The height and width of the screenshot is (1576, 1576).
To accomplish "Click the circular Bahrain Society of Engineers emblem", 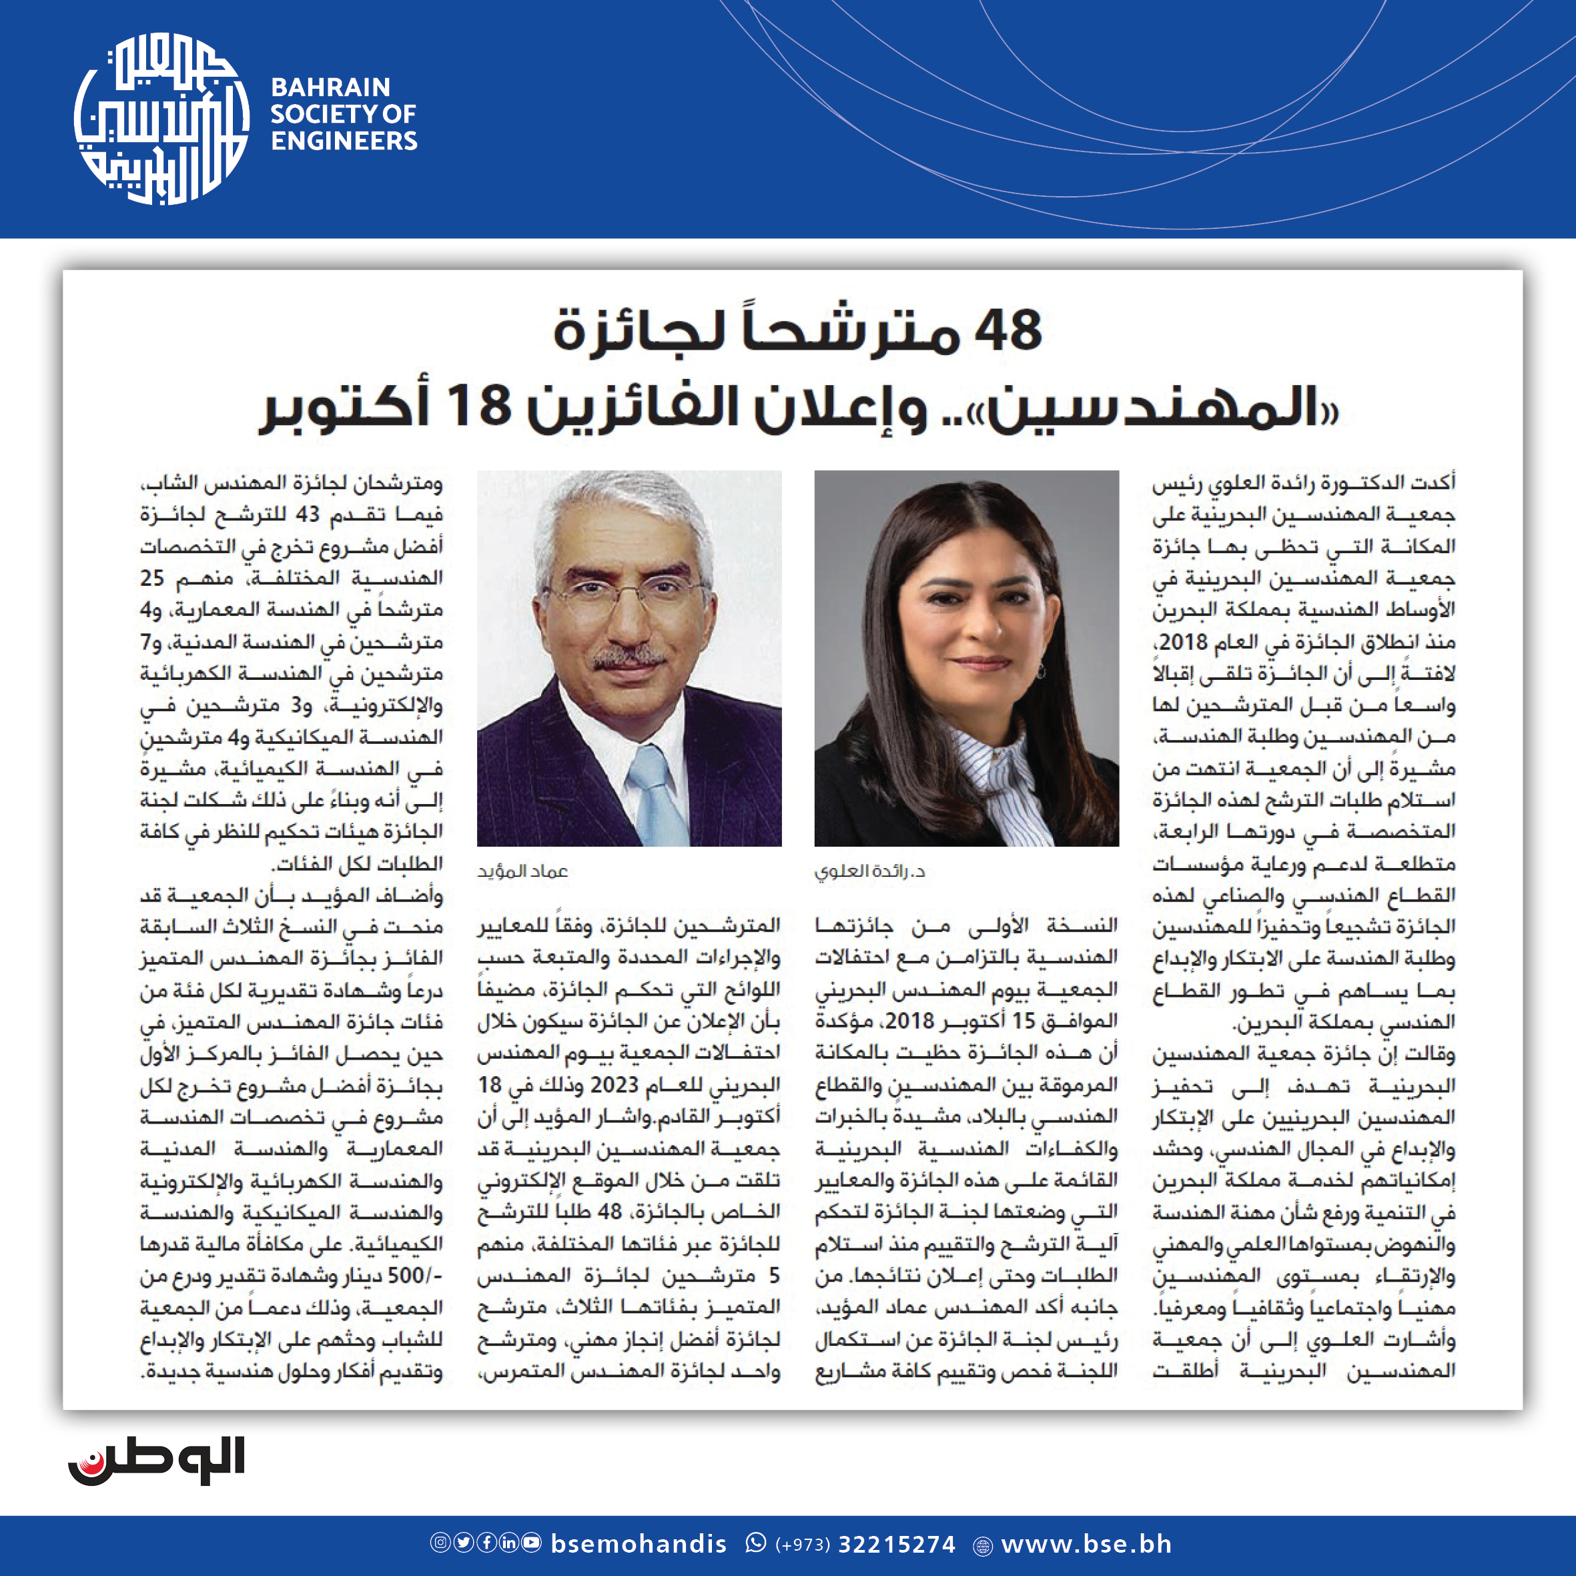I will (161, 118).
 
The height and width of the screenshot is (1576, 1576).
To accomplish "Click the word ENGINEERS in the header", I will (344, 141).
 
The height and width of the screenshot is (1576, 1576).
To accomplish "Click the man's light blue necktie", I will (657, 795).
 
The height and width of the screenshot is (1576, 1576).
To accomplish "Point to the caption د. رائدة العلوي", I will (869, 871).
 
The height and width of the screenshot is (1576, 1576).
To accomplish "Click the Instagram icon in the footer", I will (440, 1543).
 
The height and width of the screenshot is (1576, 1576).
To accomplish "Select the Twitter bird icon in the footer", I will (463, 1543).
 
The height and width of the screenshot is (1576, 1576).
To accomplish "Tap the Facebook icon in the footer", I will (486, 1543).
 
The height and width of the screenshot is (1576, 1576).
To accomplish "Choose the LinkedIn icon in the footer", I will (508, 1543).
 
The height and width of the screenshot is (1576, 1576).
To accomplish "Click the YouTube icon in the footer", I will (531, 1543).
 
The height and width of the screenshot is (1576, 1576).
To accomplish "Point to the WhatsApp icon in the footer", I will (756, 1543).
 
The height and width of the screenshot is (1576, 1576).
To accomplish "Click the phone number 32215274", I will (897, 1544).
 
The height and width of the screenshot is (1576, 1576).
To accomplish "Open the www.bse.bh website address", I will (1086, 1544).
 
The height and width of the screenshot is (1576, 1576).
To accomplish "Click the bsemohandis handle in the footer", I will (639, 1544).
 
